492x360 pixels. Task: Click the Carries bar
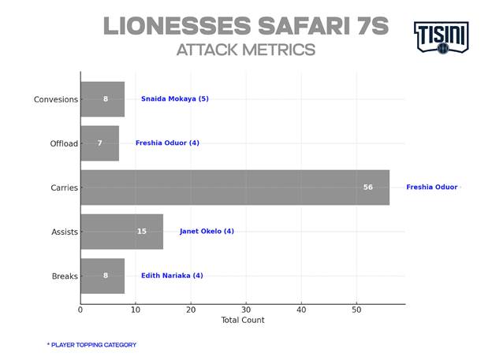click(x=235, y=187)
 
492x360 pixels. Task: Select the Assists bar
click(x=121, y=232)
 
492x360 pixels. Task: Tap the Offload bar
click(x=99, y=143)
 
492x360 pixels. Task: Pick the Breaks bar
click(x=102, y=276)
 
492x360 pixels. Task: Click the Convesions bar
click(x=102, y=99)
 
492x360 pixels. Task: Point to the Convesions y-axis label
click(x=55, y=99)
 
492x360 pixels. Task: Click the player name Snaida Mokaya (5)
click(x=174, y=99)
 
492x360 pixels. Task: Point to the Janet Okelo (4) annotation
click(x=207, y=232)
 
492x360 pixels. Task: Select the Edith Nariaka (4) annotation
click(x=172, y=276)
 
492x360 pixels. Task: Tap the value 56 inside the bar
click(x=368, y=187)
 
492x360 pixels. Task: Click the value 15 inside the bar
click(x=142, y=232)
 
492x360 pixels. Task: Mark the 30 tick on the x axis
click(x=246, y=310)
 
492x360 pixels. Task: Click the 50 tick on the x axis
click(x=356, y=310)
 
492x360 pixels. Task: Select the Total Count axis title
click(x=243, y=321)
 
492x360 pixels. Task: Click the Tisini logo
click(x=441, y=37)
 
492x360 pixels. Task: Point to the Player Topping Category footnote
click(x=91, y=345)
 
